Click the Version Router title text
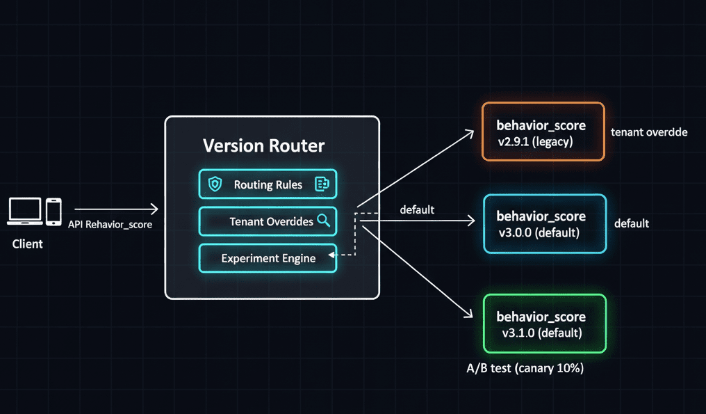[x=263, y=145]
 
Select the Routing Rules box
[x=268, y=184]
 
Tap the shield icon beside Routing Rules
[x=215, y=184]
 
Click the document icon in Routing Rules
[x=322, y=184]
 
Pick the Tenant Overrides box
[x=268, y=221]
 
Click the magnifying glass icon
[x=323, y=221]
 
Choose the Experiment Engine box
[x=268, y=258]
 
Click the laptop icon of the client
[x=25, y=211]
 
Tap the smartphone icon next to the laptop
[x=54, y=212]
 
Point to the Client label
[x=28, y=244]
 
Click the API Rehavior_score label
[x=110, y=225]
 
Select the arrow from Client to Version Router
[x=116, y=209]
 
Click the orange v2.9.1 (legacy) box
[x=543, y=132]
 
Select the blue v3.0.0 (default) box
[x=545, y=223]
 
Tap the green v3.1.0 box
[x=545, y=324]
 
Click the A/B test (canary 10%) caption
[x=525, y=368]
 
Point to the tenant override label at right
[x=649, y=132]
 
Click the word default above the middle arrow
[x=417, y=209]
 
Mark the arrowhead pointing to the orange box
[x=470, y=134]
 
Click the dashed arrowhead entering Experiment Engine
[x=331, y=255]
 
